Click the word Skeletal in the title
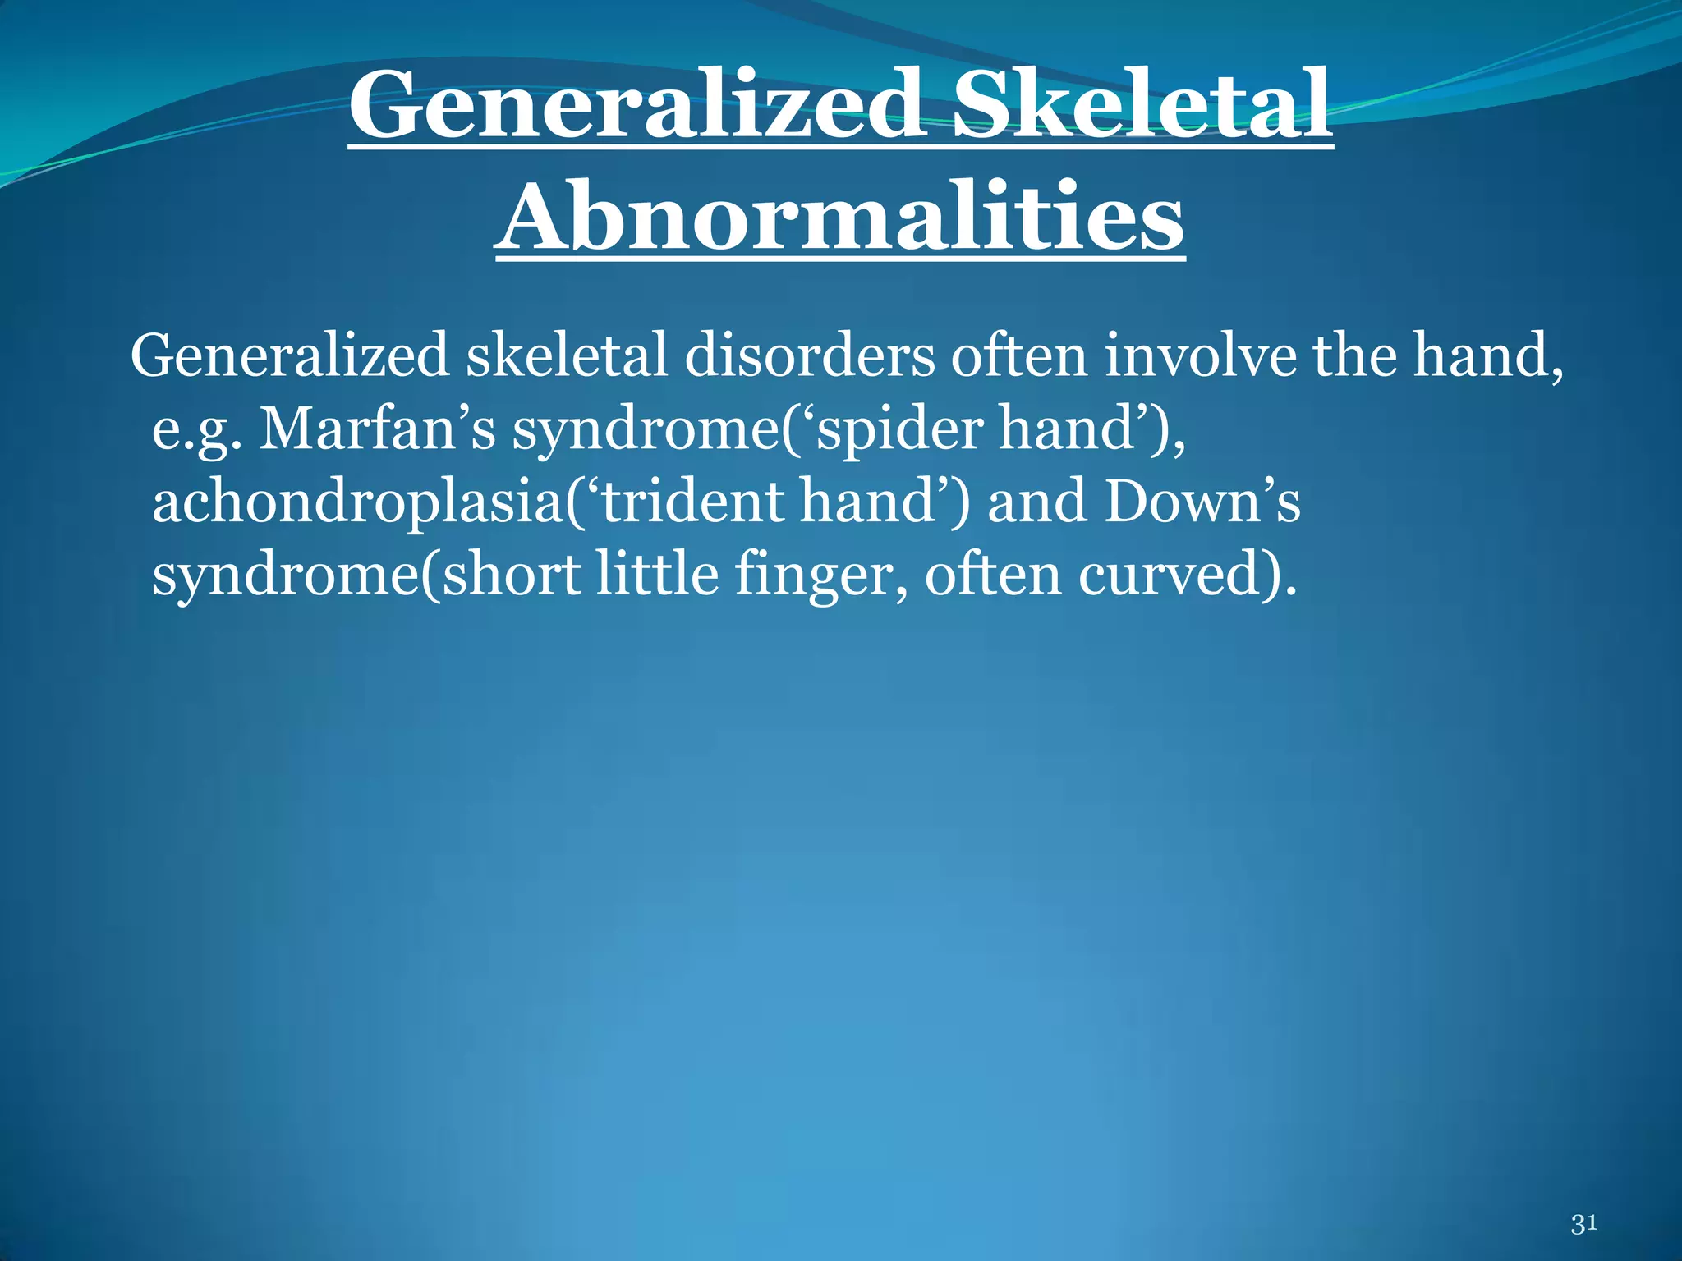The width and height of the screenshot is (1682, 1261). click(1142, 105)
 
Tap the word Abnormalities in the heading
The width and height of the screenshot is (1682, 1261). click(840, 218)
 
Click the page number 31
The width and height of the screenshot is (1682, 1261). click(1583, 1223)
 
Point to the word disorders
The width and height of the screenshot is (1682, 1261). click(809, 356)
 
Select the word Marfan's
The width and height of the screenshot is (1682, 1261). click(377, 429)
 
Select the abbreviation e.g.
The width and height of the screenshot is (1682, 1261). click(196, 430)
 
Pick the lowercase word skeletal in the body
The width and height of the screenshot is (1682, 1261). click(567, 356)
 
